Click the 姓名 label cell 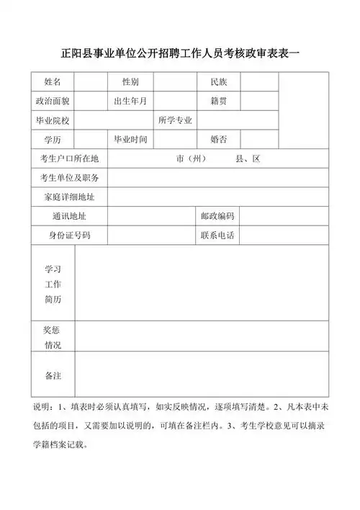click(x=53, y=81)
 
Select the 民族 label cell click(x=218, y=81)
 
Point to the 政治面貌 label click(x=53, y=101)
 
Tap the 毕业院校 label click(x=53, y=120)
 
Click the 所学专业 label click(x=175, y=120)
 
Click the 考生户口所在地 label click(x=70, y=159)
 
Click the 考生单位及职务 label click(x=70, y=178)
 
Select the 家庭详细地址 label click(x=70, y=197)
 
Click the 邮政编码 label click(x=218, y=216)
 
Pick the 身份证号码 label click(x=70, y=236)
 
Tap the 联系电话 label click(x=218, y=236)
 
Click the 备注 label click(x=53, y=376)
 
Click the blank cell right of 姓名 click(x=91, y=81)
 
